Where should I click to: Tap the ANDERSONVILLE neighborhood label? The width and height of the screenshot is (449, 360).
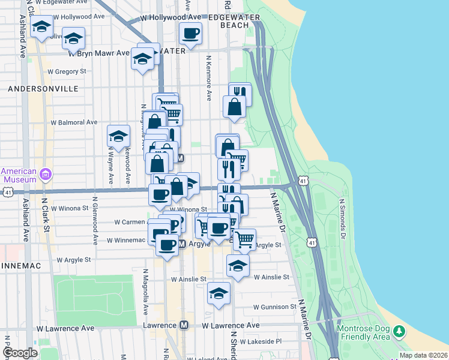(43, 88)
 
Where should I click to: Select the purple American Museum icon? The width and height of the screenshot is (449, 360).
(46, 175)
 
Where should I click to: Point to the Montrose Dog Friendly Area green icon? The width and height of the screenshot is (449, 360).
(400, 331)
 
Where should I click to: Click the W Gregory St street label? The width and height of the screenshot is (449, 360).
(67, 71)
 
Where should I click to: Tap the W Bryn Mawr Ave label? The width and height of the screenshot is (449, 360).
(99, 53)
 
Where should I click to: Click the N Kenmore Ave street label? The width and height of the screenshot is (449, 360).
(209, 78)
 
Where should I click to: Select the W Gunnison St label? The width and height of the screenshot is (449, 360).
(275, 307)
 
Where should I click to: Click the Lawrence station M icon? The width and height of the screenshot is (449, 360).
(185, 325)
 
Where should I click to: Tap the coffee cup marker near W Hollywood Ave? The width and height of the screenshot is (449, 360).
(190, 33)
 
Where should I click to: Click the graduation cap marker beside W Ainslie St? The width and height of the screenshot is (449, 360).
(238, 265)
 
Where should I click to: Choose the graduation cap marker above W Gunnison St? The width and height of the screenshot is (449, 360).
(218, 293)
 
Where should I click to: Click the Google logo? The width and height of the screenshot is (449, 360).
(20, 353)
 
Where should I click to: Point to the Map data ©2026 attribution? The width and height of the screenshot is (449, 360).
(423, 355)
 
